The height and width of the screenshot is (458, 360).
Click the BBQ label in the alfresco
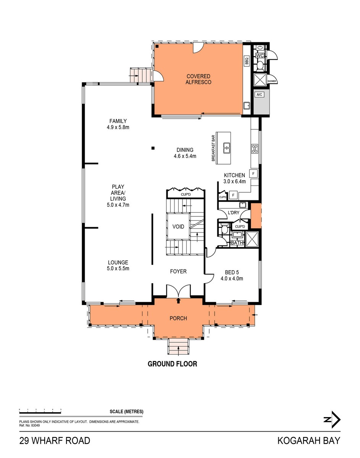click(x=247, y=60)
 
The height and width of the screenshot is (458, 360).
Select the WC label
click(x=260, y=56)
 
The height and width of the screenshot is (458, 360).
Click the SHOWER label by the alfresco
click(x=272, y=81)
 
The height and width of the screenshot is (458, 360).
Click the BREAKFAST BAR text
click(x=214, y=148)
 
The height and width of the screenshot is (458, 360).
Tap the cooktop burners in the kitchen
click(x=255, y=149)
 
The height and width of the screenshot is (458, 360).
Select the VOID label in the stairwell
click(x=178, y=227)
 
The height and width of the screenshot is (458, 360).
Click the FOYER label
click(x=178, y=271)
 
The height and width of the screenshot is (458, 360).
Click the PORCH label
click(x=178, y=318)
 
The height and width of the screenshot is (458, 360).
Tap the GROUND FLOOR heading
click(x=173, y=364)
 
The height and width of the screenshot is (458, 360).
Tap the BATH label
click(x=237, y=243)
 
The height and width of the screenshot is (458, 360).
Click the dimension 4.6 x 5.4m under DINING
click(x=185, y=156)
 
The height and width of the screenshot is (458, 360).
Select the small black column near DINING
click(x=153, y=148)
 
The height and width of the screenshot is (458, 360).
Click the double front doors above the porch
click(x=178, y=291)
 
